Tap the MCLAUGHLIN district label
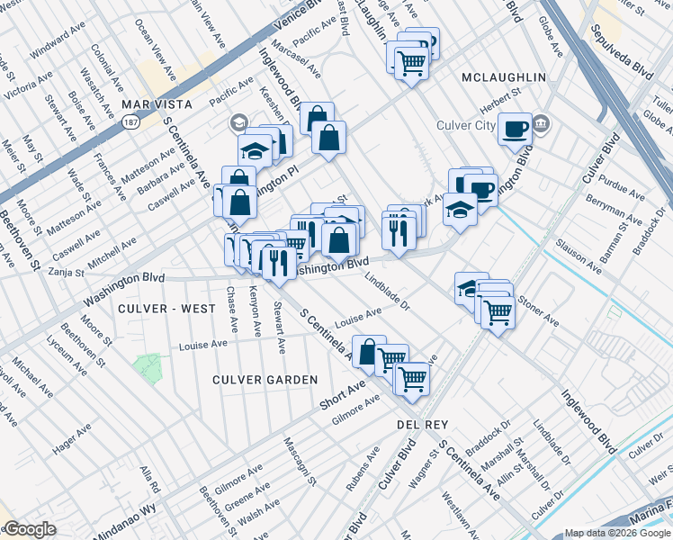[x=503, y=77]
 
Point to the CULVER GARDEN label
[x=265, y=380]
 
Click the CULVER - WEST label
[x=166, y=309]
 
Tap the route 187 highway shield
[x=132, y=121]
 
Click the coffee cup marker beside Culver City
[x=515, y=128]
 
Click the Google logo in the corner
[x=29, y=529]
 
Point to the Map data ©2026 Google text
[x=616, y=533]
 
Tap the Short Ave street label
[x=343, y=394]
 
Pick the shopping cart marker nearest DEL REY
[x=412, y=379]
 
